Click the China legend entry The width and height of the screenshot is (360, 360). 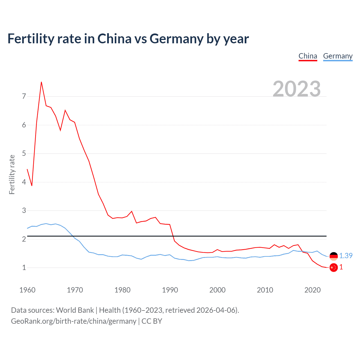click(x=308, y=56)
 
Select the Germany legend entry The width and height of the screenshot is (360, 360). click(x=338, y=56)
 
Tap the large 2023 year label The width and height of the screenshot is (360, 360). click(x=297, y=89)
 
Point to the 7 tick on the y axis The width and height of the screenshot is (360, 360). click(x=24, y=96)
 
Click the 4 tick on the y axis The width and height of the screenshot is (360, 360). click(x=24, y=182)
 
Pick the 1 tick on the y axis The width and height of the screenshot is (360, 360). click(x=24, y=267)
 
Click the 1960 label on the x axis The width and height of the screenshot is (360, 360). click(x=27, y=290)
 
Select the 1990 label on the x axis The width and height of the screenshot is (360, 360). click(x=170, y=290)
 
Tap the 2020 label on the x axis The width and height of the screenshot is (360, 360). click(x=312, y=290)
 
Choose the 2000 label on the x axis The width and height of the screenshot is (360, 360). click(x=217, y=290)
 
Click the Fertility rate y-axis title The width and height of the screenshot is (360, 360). click(x=12, y=174)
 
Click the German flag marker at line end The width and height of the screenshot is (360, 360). click(x=334, y=256)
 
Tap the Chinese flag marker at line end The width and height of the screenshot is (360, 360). click(x=334, y=267)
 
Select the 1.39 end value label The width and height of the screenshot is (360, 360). click(x=346, y=256)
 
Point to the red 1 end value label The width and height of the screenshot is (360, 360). click(x=341, y=267)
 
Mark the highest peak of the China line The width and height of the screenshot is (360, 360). click(x=41, y=82)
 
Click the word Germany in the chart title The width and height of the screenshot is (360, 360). click(x=176, y=39)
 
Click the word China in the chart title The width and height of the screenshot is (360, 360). click(x=114, y=39)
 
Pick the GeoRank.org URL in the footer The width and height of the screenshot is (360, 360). click(x=74, y=321)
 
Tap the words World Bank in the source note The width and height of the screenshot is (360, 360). click(x=75, y=310)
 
